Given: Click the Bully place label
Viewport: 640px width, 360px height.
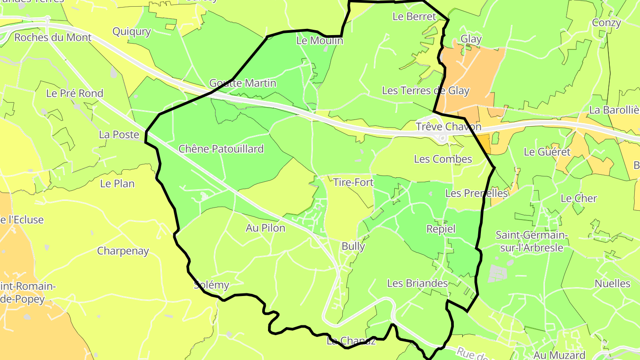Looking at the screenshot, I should click(353, 246).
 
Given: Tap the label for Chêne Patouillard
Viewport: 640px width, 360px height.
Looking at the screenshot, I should click(221, 149).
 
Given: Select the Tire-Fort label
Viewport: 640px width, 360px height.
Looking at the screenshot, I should click(353, 182).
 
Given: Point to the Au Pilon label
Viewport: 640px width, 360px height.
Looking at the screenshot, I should click(265, 228).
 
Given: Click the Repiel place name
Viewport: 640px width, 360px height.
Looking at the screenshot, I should click(441, 229).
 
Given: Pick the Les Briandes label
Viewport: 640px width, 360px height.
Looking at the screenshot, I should click(417, 283).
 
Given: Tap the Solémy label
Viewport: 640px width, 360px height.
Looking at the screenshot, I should click(212, 285).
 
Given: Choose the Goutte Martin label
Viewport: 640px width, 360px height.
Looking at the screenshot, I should click(243, 83).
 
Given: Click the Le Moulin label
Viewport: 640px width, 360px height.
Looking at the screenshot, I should click(320, 41).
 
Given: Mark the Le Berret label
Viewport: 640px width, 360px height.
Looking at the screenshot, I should click(414, 16).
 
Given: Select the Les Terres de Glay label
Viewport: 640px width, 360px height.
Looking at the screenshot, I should click(425, 91).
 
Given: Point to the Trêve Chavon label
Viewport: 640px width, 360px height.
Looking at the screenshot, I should click(448, 127).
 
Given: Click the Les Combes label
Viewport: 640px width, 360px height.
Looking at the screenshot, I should click(443, 159).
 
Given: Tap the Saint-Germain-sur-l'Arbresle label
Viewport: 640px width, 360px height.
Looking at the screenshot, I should click(532, 241).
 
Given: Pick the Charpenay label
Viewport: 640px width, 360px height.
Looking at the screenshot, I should click(123, 251).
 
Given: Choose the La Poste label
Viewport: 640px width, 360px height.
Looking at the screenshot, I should click(119, 134).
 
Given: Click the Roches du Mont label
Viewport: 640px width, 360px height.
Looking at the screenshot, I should click(53, 37).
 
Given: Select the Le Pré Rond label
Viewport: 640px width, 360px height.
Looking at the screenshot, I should click(75, 93).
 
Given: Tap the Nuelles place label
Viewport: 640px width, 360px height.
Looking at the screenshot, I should click(612, 284).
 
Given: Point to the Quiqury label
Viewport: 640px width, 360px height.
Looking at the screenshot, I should click(132, 32).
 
